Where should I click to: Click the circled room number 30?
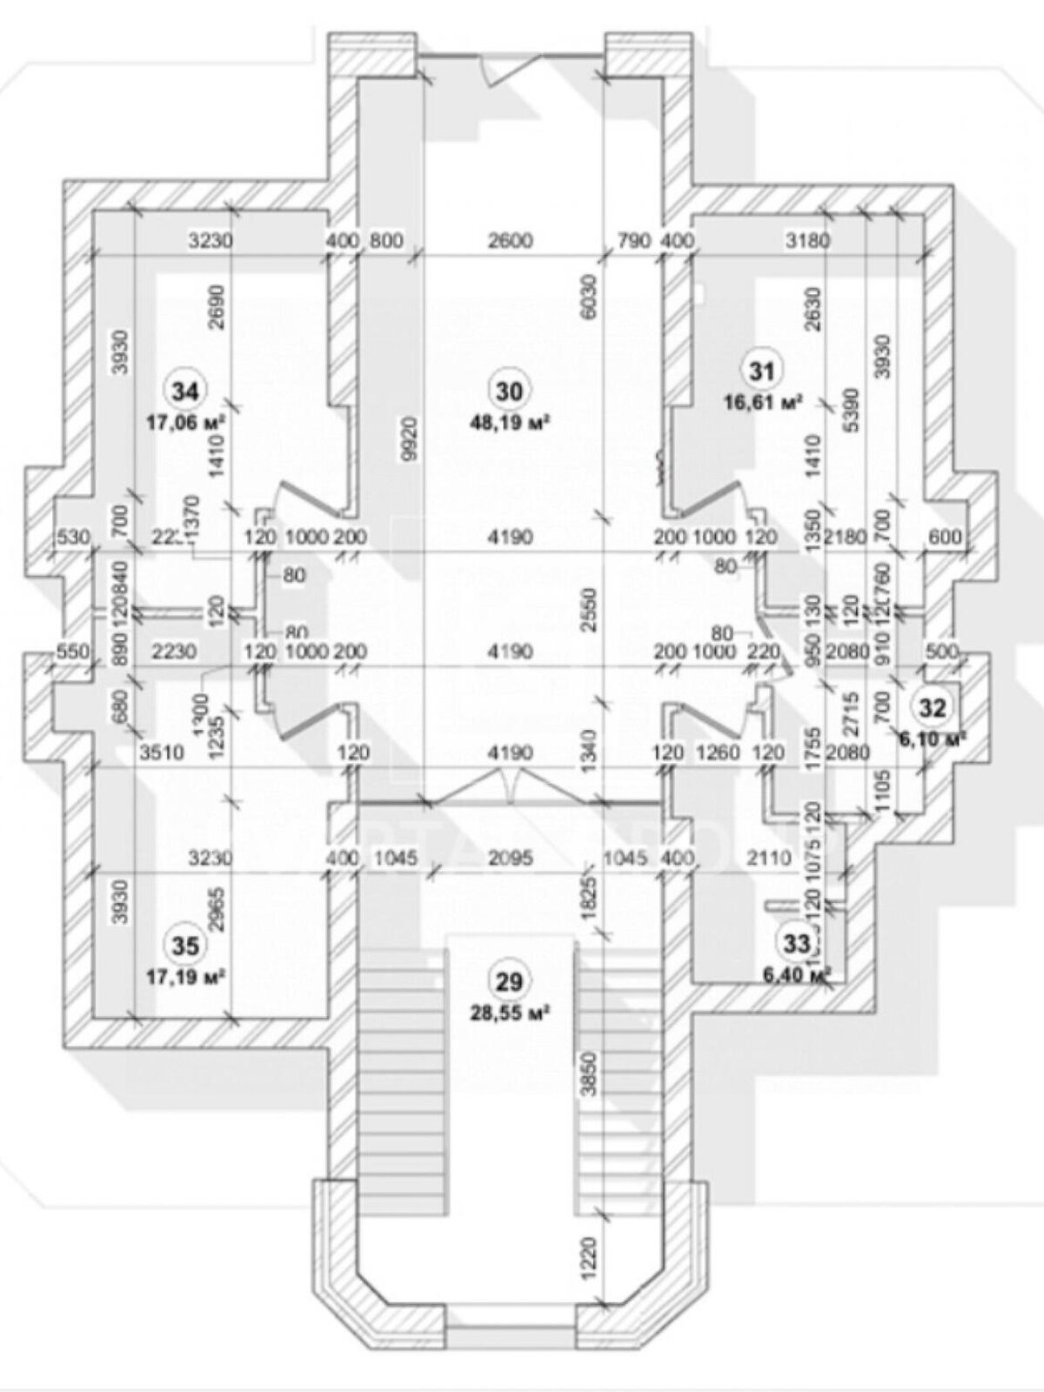tap(510, 391)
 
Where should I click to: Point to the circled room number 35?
tap(185, 945)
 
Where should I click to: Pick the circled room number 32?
tap(932, 707)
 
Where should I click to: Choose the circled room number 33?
tap(797, 941)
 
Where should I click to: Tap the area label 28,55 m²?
tap(510, 1013)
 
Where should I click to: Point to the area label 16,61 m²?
tap(763, 401)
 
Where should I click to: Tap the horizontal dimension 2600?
tap(510, 240)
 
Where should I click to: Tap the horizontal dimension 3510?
tap(162, 753)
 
